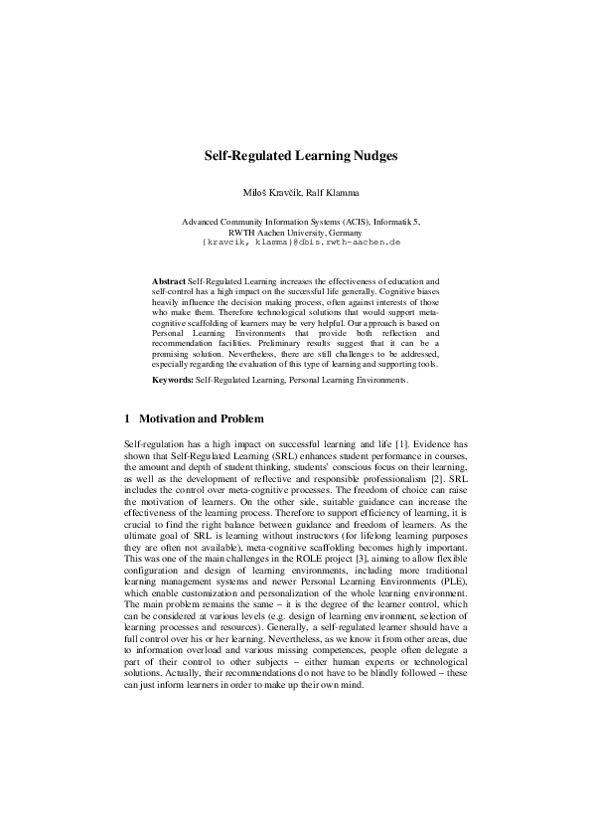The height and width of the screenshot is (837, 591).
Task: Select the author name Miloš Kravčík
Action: point(260,191)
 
